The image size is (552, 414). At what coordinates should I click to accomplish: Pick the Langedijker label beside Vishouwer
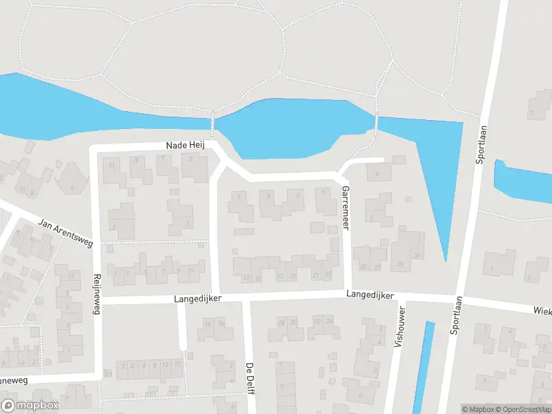tap(370, 295)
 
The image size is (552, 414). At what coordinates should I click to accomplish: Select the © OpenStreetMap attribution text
tap(522, 409)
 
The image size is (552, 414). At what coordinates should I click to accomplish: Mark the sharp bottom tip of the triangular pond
tap(446, 261)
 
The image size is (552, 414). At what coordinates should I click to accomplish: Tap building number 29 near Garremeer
tap(400, 265)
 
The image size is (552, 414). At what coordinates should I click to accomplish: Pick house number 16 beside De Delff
tap(221, 323)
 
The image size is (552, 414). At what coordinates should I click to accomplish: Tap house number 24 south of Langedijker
tap(329, 321)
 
